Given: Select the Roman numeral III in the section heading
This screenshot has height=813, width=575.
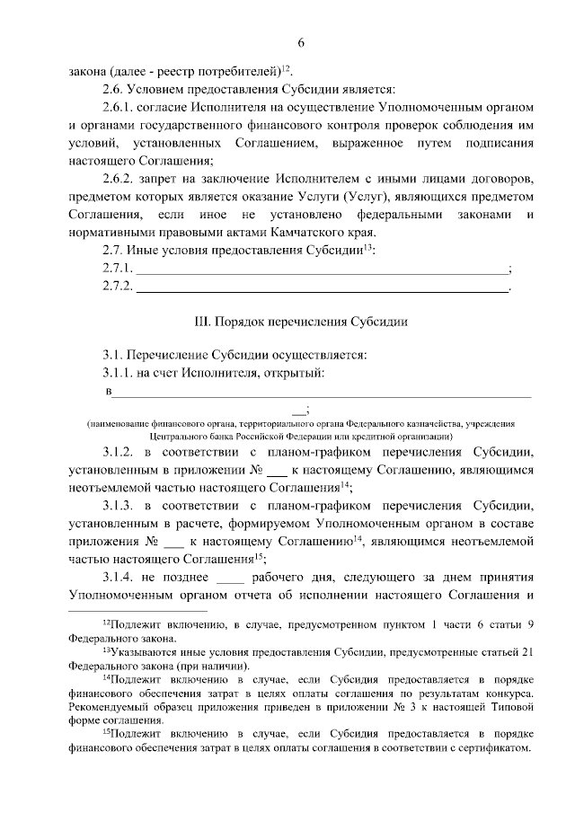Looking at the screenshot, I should [x=200, y=321].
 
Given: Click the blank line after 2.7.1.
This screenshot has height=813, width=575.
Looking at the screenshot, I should [x=321, y=270].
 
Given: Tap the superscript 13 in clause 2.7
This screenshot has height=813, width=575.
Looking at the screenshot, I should [x=367, y=247].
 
